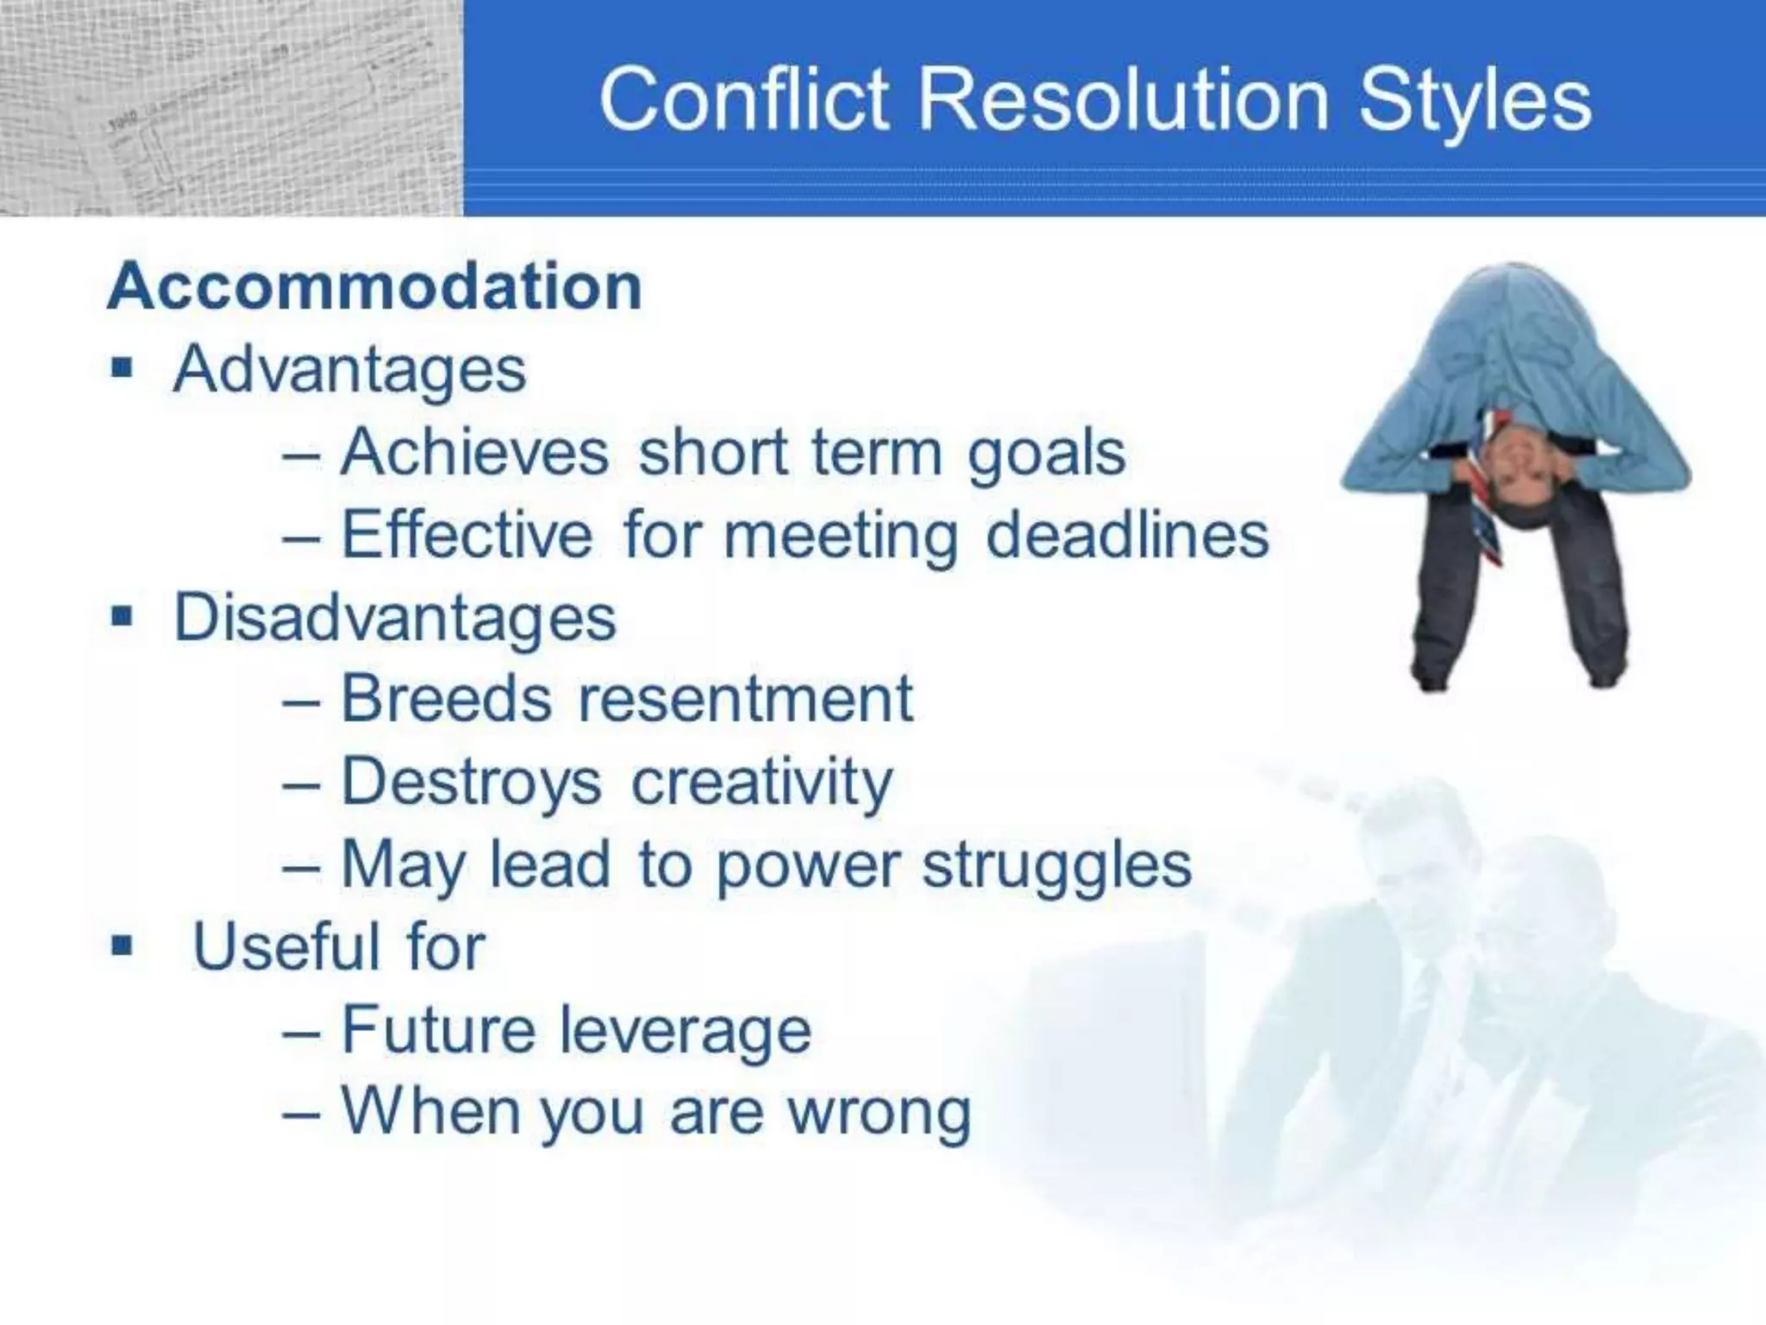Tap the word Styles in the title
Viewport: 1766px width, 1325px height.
[x=1474, y=102]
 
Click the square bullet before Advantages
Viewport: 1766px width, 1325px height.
[x=122, y=369]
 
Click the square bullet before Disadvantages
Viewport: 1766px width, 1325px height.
[x=122, y=617]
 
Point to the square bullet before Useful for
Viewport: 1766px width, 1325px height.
[x=122, y=946]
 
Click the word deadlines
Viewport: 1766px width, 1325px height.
[x=1126, y=534]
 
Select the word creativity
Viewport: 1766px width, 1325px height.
[x=762, y=782]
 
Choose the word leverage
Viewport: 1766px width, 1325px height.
[x=686, y=1030]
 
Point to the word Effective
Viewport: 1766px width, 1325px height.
[x=467, y=534]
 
